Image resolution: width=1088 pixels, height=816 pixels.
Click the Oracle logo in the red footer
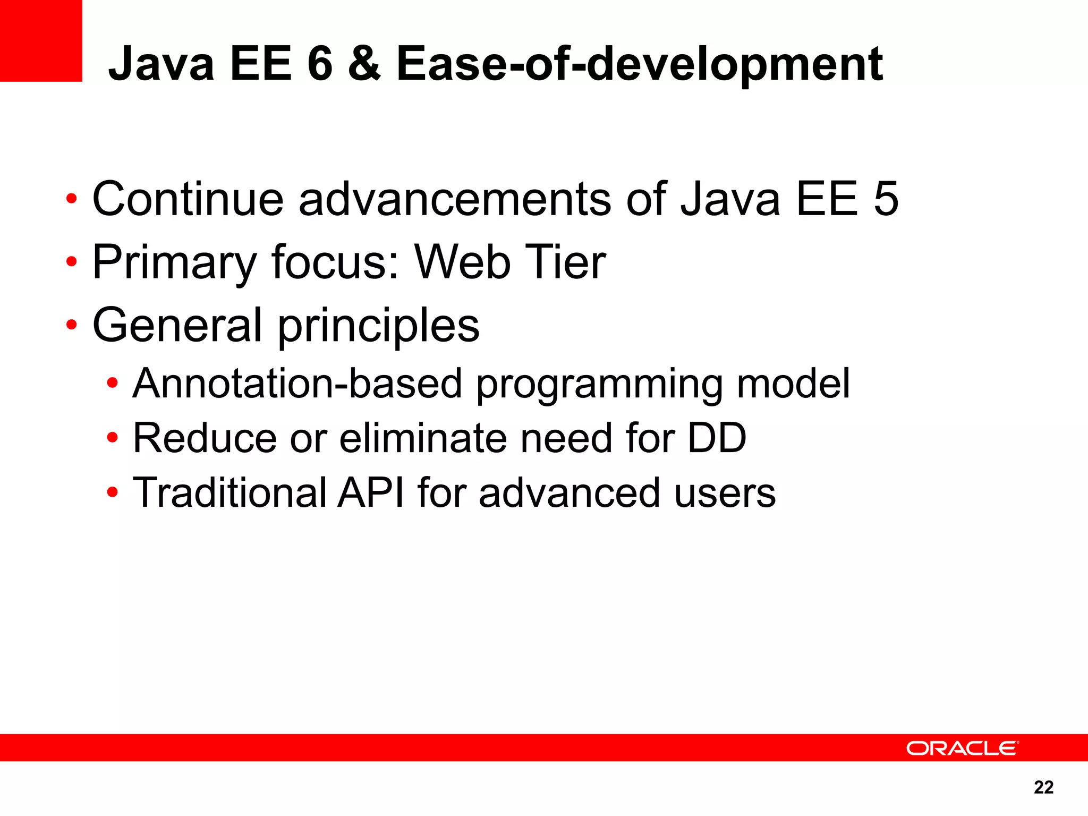coord(962,748)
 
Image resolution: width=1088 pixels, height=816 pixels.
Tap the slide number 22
coord(1043,787)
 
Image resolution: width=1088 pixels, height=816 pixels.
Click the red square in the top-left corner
coord(41,40)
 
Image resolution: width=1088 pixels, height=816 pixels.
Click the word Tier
coord(565,261)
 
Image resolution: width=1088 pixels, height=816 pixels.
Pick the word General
coord(177,325)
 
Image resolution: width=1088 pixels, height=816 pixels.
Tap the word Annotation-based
coord(297,384)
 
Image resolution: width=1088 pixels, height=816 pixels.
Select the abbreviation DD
coord(717,438)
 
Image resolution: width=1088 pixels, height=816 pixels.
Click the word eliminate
coord(423,438)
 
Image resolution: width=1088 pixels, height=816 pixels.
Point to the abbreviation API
coord(371,492)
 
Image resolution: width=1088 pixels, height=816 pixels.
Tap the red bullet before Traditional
coord(112,492)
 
